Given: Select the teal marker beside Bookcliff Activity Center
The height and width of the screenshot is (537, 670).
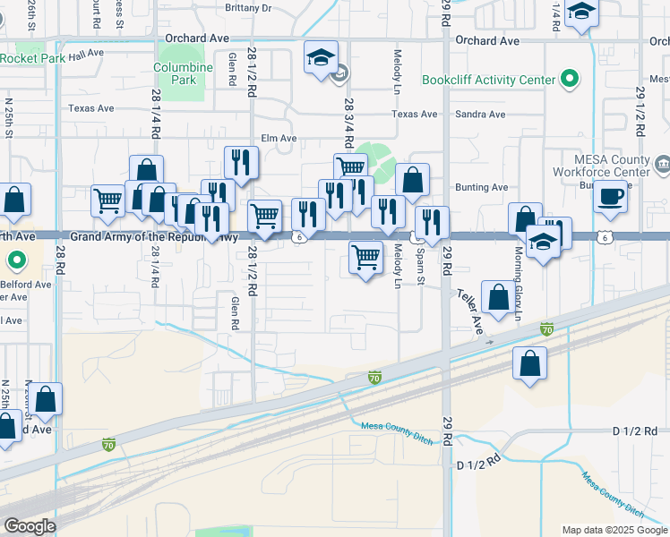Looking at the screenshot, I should [x=569, y=81].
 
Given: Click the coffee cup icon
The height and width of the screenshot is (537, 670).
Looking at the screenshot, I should [x=611, y=196].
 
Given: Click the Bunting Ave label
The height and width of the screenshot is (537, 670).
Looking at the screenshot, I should [x=482, y=187].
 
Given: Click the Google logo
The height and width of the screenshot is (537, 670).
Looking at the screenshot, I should [x=30, y=526].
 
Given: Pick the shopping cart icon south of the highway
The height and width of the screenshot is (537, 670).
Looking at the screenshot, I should [x=365, y=258].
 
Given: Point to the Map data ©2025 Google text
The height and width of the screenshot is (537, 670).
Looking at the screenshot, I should [x=614, y=530].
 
